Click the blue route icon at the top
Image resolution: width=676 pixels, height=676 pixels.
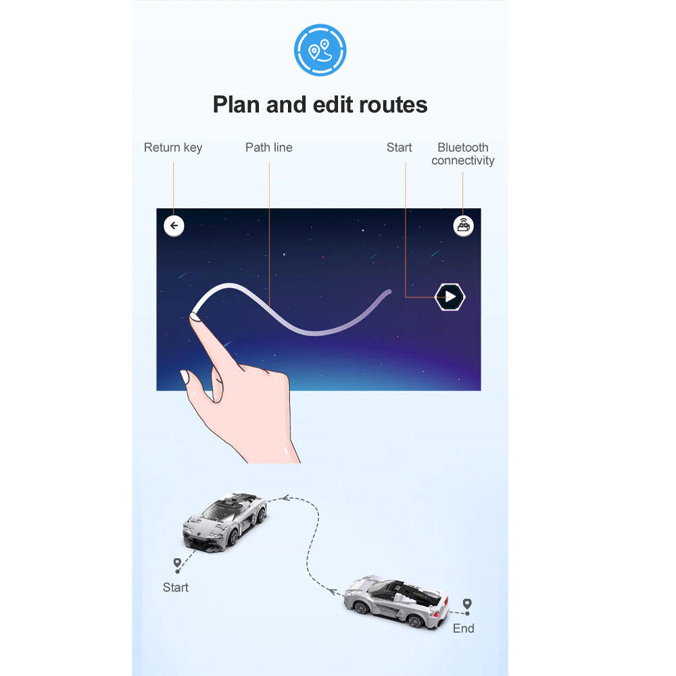click(320, 50)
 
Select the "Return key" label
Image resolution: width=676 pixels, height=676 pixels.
click(173, 148)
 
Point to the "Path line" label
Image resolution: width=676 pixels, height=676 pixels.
click(269, 147)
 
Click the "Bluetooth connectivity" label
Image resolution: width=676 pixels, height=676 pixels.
click(462, 154)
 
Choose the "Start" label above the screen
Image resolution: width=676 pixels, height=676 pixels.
click(400, 147)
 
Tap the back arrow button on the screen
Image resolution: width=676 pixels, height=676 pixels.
click(174, 226)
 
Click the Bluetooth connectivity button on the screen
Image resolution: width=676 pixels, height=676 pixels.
click(464, 226)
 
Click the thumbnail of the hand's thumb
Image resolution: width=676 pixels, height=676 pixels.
click(185, 377)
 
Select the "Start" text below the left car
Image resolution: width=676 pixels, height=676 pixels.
click(176, 587)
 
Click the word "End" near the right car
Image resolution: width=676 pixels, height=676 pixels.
click(464, 629)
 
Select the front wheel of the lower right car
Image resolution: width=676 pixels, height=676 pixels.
click(360, 608)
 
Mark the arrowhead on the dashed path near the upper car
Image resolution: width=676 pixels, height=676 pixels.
click(285, 498)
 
